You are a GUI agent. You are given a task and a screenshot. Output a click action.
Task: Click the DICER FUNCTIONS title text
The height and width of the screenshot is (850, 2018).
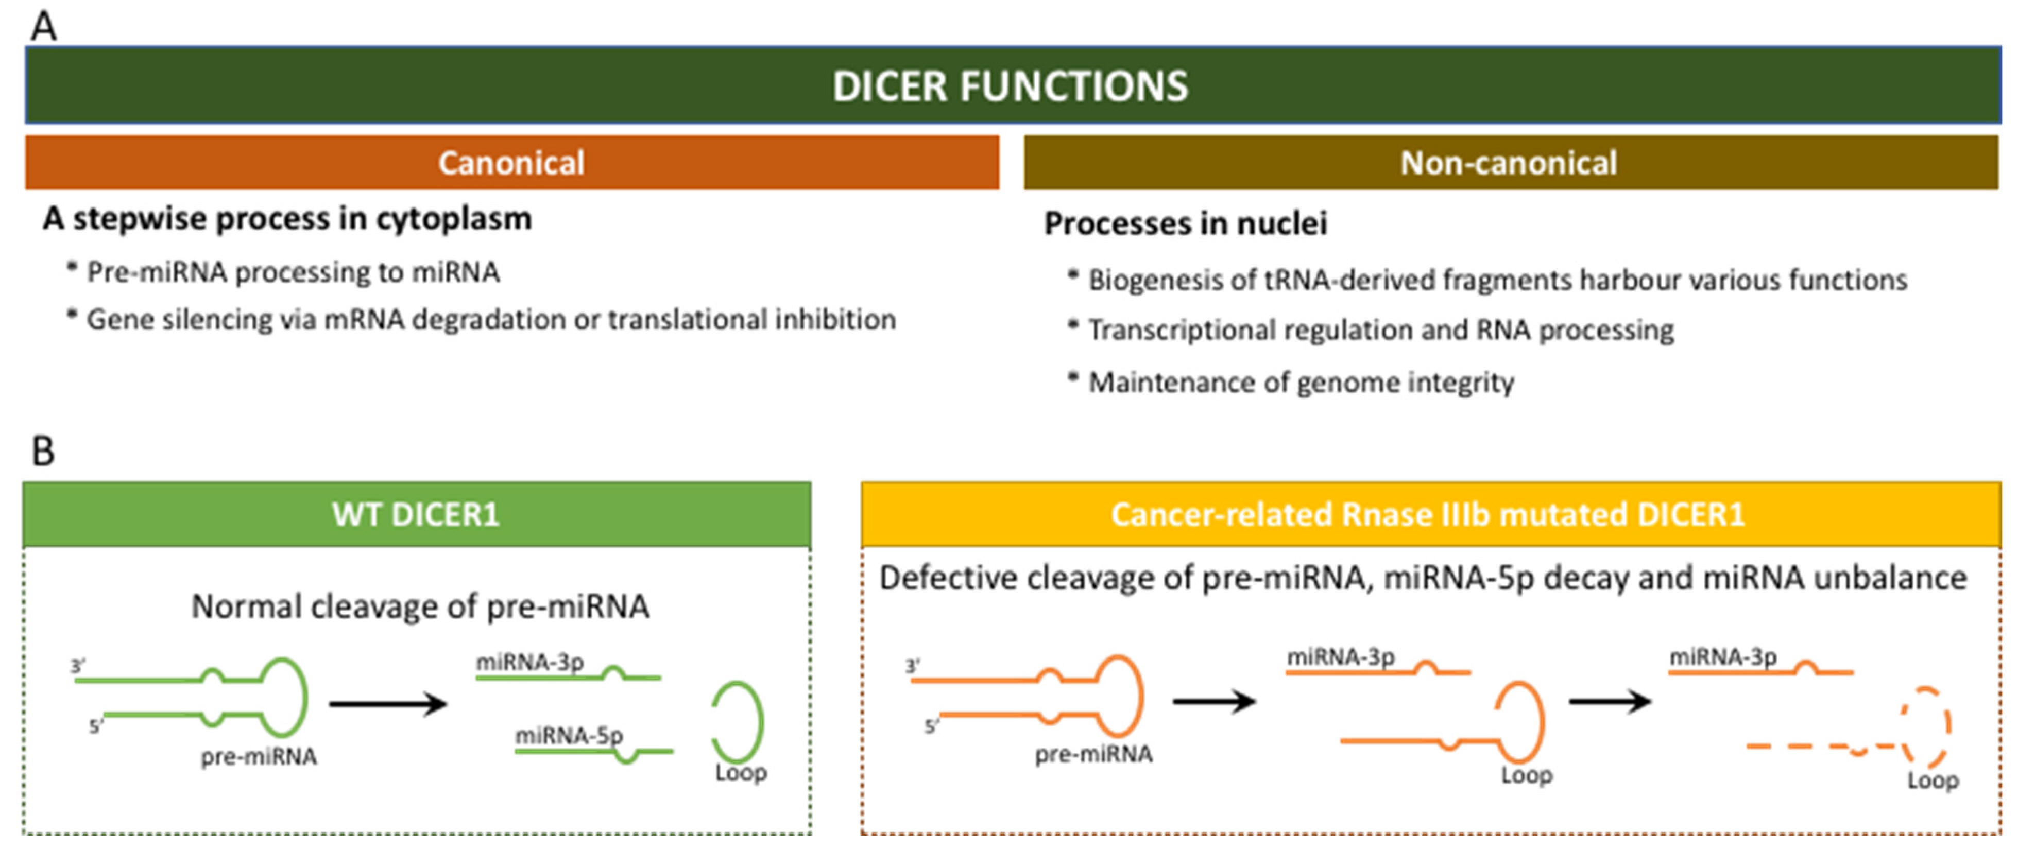pyautogui.click(x=1010, y=85)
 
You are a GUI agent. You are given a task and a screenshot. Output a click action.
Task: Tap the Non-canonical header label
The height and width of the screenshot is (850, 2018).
pyautogui.click(x=1509, y=163)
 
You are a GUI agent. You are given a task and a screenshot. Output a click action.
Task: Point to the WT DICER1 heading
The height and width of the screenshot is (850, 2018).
pyautogui.click(x=416, y=515)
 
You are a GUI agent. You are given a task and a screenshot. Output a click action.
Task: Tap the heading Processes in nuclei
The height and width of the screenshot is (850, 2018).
pyautogui.click(x=1185, y=223)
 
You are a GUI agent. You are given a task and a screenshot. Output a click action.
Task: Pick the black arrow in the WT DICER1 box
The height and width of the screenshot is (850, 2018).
pyautogui.click(x=388, y=703)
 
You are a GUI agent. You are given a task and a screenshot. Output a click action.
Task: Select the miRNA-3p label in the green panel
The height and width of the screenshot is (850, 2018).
pyautogui.click(x=531, y=662)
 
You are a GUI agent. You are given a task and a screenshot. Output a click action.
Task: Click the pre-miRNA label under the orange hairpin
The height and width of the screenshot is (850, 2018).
pyautogui.click(x=1093, y=754)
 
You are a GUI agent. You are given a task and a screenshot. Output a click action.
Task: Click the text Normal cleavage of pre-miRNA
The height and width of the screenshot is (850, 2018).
pyautogui.click(x=421, y=606)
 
